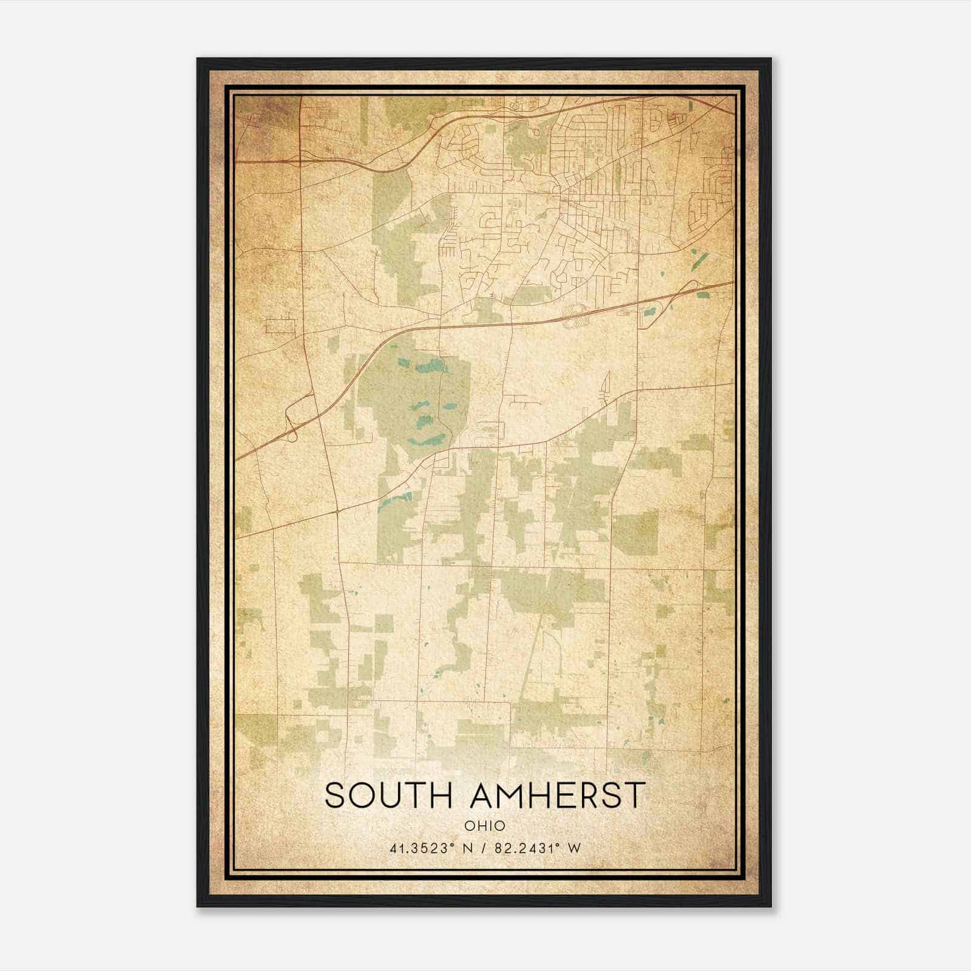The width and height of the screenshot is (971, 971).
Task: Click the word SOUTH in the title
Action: tap(387, 796)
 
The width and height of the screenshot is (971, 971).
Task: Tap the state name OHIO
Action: tap(485, 826)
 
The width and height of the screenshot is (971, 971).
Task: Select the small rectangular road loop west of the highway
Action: tap(280, 326)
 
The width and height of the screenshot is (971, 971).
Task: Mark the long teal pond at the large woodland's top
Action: tap(431, 367)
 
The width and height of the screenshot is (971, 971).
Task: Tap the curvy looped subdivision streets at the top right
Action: tap(710, 194)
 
